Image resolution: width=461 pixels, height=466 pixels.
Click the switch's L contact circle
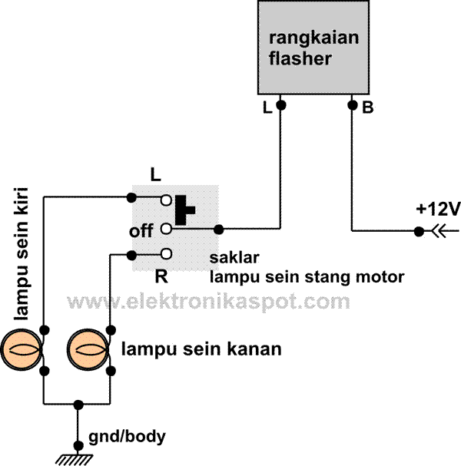(165, 199)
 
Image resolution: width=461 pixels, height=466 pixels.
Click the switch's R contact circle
(165, 254)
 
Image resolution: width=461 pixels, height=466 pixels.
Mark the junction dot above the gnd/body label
(77, 403)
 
